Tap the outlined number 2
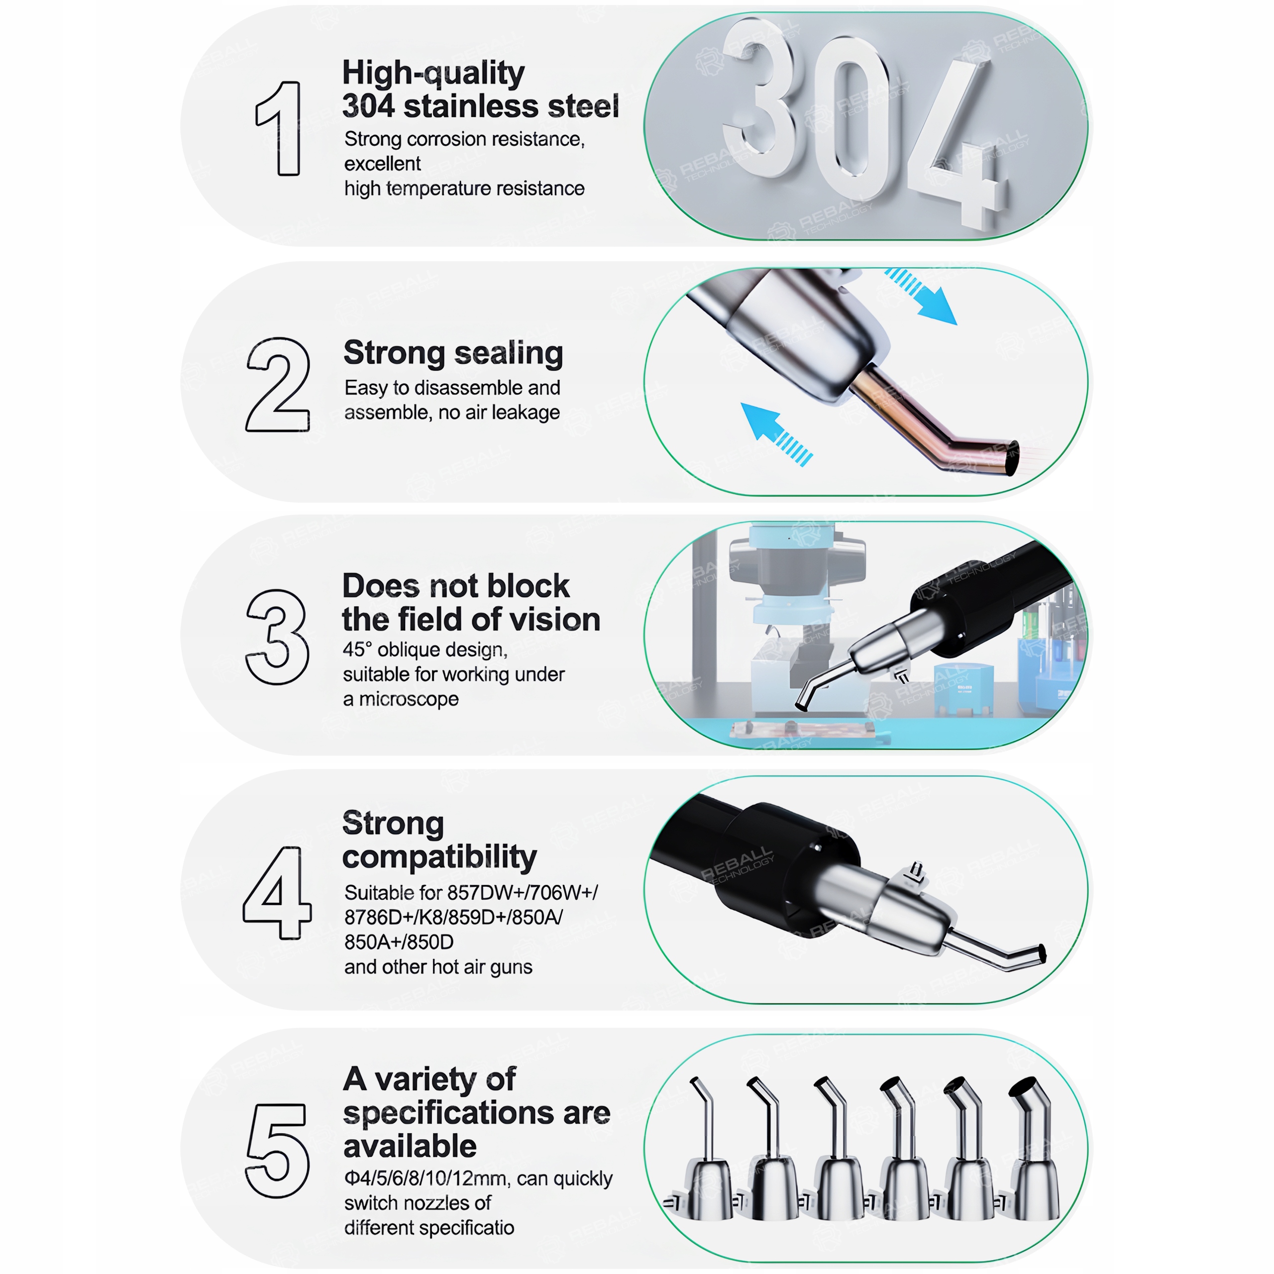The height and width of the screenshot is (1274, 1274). click(278, 385)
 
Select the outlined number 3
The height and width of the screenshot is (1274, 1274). click(277, 637)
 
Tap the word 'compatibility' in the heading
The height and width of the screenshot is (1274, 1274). click(439, 858)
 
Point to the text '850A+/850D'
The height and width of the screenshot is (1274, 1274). click(399, 942)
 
